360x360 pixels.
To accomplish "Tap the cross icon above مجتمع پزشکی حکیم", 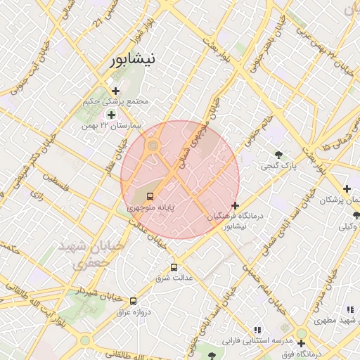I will (x=116, y=91).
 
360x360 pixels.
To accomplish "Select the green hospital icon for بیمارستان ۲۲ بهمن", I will (x=110, y=115).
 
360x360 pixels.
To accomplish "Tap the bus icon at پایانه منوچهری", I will (x=150, y=196).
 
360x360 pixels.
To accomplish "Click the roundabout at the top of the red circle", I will (x=153, y=146).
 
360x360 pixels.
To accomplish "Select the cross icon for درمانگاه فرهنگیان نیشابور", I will (x=235, y=205).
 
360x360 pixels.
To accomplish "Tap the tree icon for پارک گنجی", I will (x=280, y=155).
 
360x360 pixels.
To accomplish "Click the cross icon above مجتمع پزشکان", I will (x=347, y=188).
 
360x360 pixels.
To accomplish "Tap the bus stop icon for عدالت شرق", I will (x=174, y=267).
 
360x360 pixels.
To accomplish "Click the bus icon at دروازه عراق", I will (x=133, y=302).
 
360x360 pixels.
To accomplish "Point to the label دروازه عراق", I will (x=122, y=312).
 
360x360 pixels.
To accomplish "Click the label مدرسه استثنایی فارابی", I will (x=257, y=341).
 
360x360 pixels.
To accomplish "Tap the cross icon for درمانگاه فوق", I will (x=302, y=344).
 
